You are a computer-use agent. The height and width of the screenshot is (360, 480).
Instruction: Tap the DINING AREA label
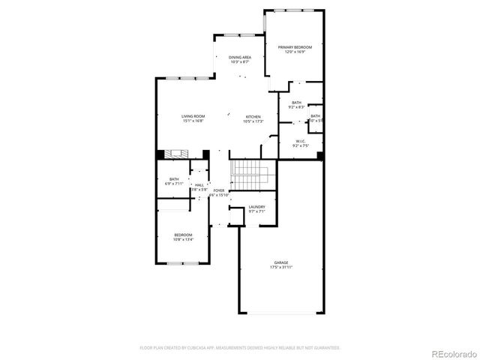[x=240, y=58]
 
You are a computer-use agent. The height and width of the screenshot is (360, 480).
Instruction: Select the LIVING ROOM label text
[x=193, y=116]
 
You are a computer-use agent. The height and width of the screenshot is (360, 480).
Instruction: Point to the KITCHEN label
[x=253, y=118]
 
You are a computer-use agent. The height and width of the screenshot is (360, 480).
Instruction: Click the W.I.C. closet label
[x=300, y=141]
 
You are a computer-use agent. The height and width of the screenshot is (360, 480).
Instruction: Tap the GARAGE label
[x=281, y=262]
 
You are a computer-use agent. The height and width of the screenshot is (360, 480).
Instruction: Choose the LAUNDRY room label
[x=257, y=207]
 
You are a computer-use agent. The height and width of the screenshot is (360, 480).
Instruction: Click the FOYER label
[x=219, y=191]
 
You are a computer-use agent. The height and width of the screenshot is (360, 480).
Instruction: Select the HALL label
[x=199, y=185]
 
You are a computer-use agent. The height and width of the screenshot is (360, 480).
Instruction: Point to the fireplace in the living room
[x=178, y=154]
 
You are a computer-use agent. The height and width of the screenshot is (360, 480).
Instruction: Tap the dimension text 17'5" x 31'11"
[x=281, y=267]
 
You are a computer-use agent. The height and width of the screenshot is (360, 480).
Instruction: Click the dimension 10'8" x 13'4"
[x=184, y=240]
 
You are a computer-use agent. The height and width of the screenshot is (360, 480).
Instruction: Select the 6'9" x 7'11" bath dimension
[x=174, y=184]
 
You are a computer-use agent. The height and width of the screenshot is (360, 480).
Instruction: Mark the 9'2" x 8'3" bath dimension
[x=297, y=107]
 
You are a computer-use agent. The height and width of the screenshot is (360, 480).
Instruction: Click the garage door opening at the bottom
[x=281, y=313]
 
